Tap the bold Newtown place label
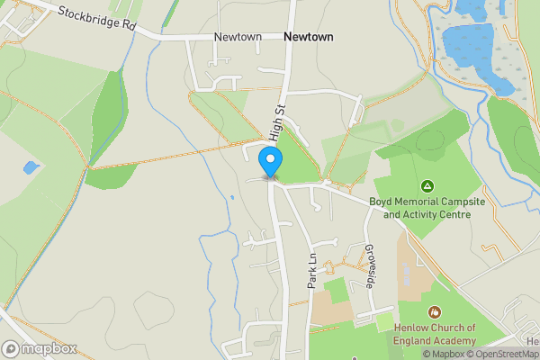308,37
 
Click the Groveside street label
369,266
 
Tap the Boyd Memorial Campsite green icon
427,186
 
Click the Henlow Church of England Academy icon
435,312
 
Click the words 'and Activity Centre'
427,215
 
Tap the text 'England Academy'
434,341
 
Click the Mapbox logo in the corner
40,348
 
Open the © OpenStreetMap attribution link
502,354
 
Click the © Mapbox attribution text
438,354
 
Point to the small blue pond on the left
31,167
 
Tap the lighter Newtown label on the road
238,37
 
